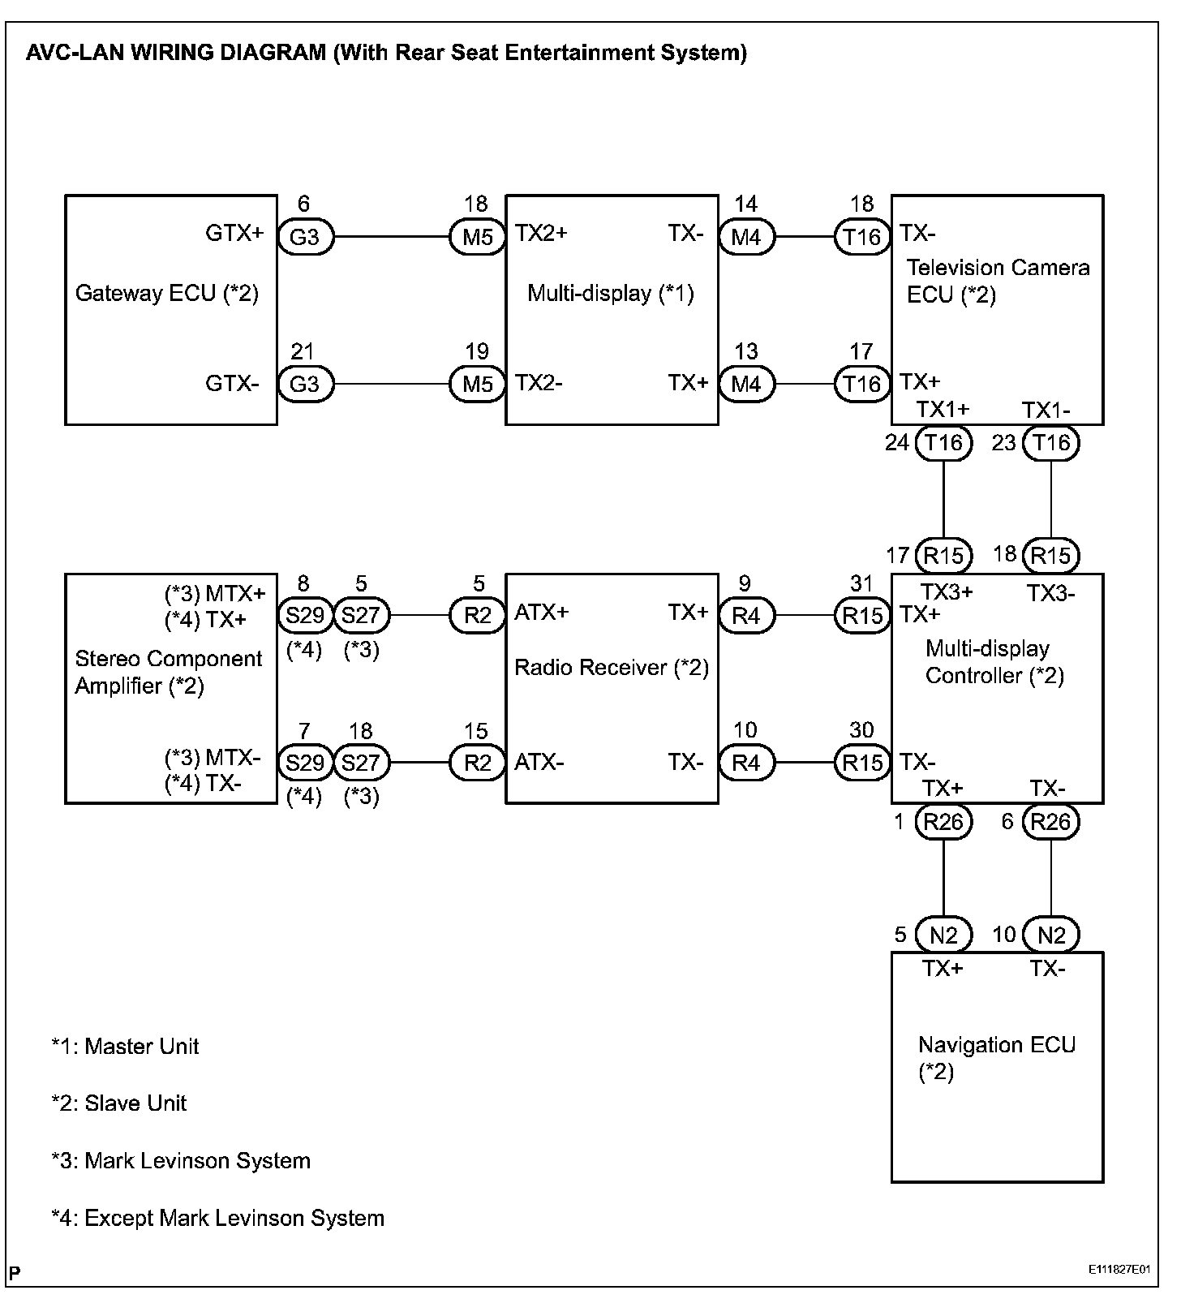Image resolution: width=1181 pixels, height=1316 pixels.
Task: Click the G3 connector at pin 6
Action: (305, 238)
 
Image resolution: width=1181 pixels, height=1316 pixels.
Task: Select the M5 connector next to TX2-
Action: (477, 384)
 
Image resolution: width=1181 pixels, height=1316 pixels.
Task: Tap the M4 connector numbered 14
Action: (745, 238)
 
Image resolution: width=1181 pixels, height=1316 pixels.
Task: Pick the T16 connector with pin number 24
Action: (943, 443)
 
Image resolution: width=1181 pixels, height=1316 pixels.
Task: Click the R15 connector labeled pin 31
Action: (862, 616)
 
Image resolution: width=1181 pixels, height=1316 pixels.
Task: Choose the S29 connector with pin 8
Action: (305, 616)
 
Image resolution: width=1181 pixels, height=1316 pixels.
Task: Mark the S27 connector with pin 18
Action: (361, 763)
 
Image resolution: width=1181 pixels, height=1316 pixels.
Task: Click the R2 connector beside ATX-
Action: (477, 763)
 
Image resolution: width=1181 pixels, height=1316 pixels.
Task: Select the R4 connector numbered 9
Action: (745, 616)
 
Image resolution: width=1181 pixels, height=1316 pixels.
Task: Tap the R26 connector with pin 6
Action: (1050, 823)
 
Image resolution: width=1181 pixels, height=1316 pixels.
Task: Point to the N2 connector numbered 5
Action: (943, 935)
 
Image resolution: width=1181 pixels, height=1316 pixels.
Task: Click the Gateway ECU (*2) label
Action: (167, 293)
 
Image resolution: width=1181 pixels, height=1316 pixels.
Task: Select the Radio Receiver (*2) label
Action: (612, 668)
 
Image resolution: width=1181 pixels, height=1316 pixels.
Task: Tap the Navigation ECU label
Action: (997, 1046)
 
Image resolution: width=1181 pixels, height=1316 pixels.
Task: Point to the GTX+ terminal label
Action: (234, 234)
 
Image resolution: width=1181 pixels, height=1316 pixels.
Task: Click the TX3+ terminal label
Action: (947, 593)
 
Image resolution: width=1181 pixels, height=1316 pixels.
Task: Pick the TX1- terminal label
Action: (1046, 411)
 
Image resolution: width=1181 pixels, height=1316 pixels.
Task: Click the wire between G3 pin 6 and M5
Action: (391, 238)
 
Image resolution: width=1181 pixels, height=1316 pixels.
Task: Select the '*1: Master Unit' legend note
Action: (125, 1047)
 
